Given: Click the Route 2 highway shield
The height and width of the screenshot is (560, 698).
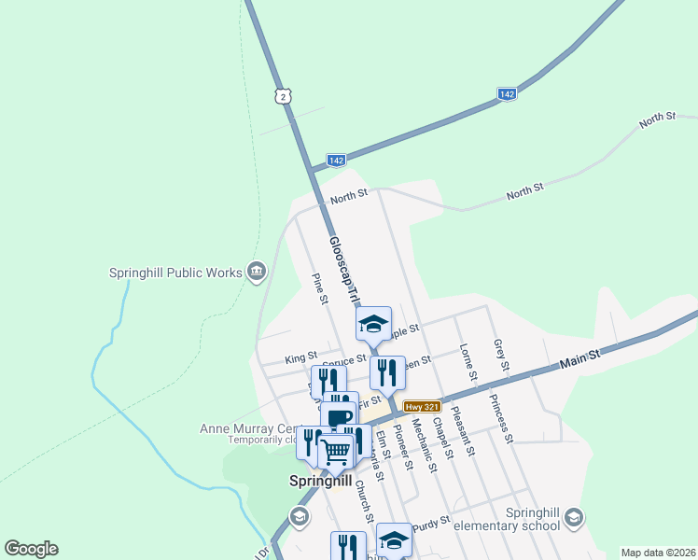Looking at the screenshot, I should tap(284, 95).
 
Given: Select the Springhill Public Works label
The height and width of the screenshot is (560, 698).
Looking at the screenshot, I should tap(174, 273).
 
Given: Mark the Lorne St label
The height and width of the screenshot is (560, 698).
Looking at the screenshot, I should tap(468, 363).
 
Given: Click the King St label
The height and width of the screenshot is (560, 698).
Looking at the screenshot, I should tap(300, 357).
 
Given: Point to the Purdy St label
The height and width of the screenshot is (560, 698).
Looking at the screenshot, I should tap(432, 521).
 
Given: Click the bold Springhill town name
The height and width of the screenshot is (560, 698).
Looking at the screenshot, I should tap(320, 482).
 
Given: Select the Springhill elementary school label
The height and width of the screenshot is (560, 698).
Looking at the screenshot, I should tap(505, 519).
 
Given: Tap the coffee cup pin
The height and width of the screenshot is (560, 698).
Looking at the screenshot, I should tap(340, 417).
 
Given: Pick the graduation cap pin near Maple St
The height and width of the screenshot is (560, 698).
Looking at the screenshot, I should tap(374, 323).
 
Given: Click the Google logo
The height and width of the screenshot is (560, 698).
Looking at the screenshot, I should tap(31, 549).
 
